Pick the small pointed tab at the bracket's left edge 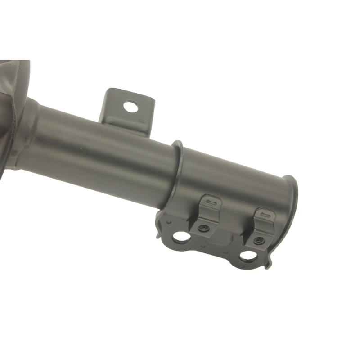(x=157, y=234)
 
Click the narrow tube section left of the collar (x=99, y=144)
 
